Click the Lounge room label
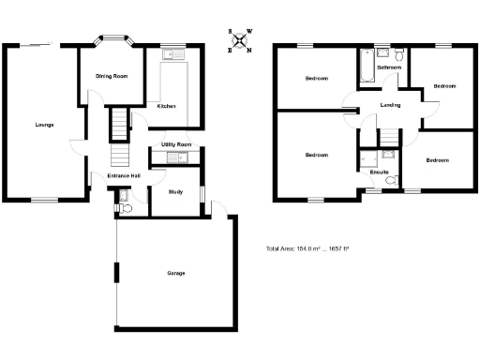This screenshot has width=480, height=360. coord(44,124)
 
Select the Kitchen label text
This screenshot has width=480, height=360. coord(166,106)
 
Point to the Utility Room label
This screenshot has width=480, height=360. coord(176,143)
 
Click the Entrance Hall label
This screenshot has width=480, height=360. coord(124,175)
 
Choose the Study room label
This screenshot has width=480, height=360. coord(175,192)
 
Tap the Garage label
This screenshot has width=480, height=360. coord(176,274)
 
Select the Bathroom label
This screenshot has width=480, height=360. coord(389,68)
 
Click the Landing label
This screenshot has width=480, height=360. coord(391,105)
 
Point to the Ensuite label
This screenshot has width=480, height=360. coord(380,172)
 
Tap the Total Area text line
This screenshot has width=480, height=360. coord(307,248)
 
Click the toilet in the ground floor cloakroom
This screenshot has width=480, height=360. coord(125,207)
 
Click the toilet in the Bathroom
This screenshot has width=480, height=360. coord(400,54)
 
